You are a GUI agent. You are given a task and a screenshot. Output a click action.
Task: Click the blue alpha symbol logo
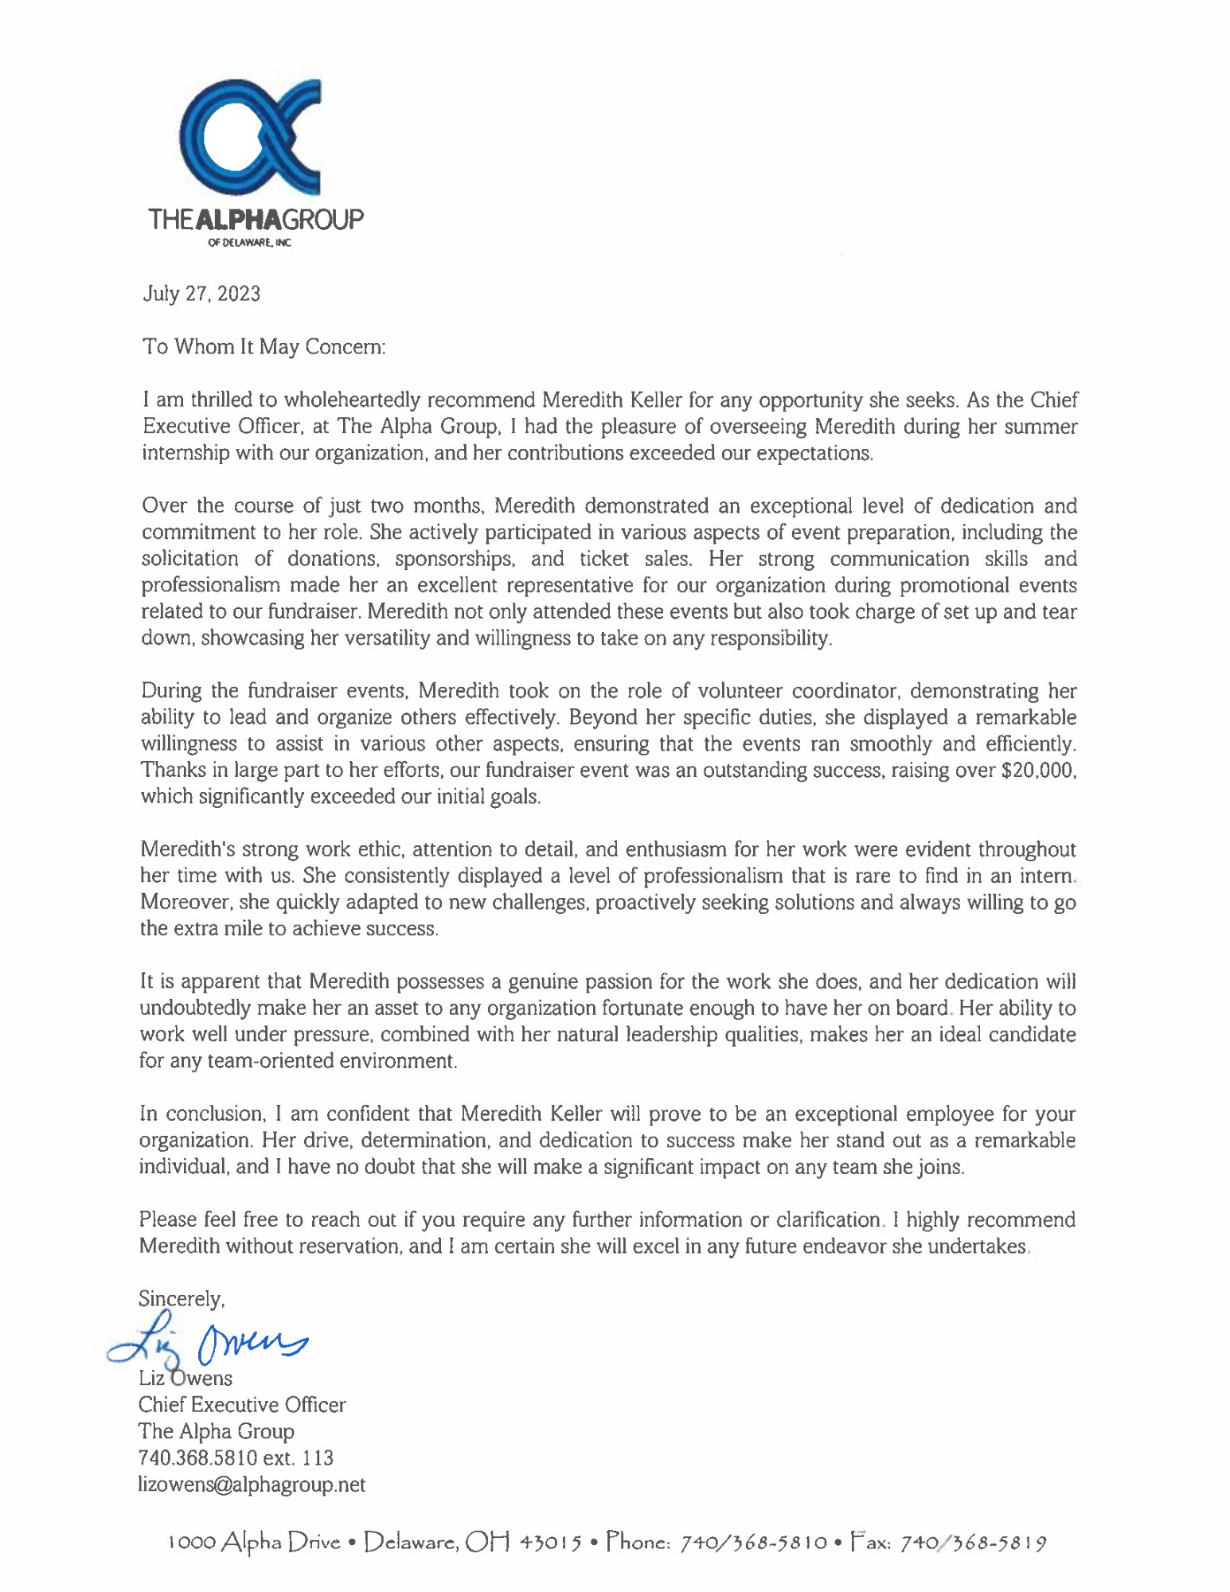(x=249, y=137)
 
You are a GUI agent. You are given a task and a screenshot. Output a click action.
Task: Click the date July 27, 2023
(x=201, y=294)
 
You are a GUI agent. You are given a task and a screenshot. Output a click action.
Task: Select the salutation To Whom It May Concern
(x=264, y=347)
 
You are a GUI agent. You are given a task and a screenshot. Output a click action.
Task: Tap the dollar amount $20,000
(x=1028, y=771)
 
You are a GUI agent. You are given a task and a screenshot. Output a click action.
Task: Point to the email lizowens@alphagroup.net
(x=252, y=1485)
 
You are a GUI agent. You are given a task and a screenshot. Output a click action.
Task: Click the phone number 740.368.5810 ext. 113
(x=236, y=1458)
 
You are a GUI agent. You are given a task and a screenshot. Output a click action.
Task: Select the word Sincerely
(x=182, y=1299)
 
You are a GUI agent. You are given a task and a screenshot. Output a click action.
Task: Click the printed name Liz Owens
(x=185, y=1379)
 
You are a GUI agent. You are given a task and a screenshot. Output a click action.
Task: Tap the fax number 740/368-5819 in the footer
(x=973, y=1543)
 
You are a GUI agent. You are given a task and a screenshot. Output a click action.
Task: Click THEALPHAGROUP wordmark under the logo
(x=256, y=220)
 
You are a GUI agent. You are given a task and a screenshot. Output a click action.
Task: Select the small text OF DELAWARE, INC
(x=249, y=243)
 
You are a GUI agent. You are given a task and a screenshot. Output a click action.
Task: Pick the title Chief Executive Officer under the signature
(x=242, y=1405)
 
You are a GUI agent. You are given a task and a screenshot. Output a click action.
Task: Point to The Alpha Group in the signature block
(x=217, y=1431)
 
